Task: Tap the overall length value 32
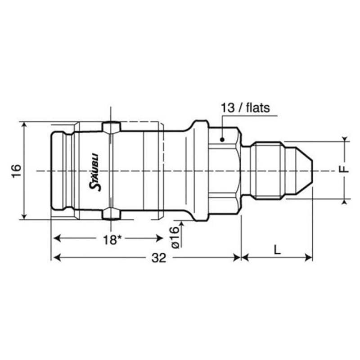[x=158, y=257]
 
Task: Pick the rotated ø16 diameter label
[x=175, y=238]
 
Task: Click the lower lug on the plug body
[x=111, y=214]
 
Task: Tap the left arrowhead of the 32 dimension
[x=56, y=257]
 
